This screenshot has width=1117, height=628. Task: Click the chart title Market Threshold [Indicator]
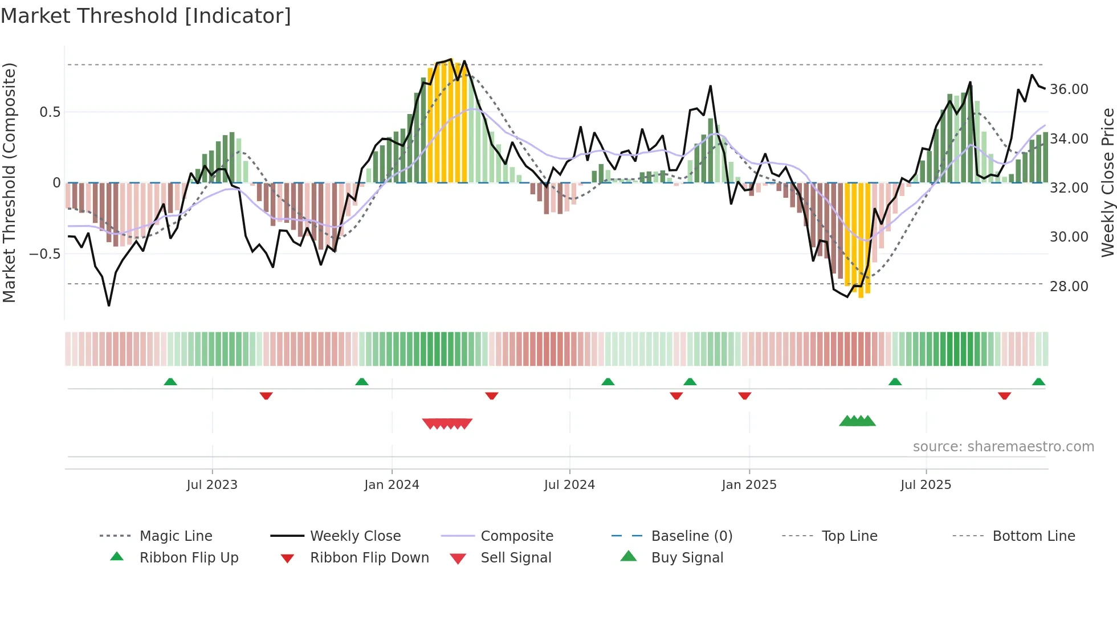click(146, 16)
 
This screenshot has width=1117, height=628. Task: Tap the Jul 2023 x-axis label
click(212, 485)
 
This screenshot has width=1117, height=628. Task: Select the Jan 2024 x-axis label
click(392, 485)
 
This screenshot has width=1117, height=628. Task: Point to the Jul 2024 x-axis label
click(569, 485)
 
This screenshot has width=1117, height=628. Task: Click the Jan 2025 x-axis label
click(749, 485)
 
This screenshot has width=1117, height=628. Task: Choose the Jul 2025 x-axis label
click(926, 485)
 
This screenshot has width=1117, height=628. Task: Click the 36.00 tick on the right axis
click(1069, 89)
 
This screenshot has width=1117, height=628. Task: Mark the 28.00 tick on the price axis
click(1069, 287)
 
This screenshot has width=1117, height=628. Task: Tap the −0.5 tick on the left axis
click(44, 254)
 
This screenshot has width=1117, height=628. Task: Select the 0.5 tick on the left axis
click(50, 112)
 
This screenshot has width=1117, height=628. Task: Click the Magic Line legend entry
click(176, 536)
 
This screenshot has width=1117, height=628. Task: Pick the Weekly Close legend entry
click(355, 536)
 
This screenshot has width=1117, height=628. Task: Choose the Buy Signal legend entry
click(687, 558)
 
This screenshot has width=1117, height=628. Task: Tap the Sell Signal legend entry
click(516, 558)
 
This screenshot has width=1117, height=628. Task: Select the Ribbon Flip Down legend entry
click(369, 558)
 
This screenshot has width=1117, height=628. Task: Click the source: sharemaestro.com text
click(1003, 447)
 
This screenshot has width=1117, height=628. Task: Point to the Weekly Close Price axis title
click(1107, 182)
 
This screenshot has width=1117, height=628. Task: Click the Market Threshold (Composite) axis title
click(9, 182)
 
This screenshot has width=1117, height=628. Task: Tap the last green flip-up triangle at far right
click(1038, 382)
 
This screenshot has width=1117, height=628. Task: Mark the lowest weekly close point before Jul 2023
click(109, 305)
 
